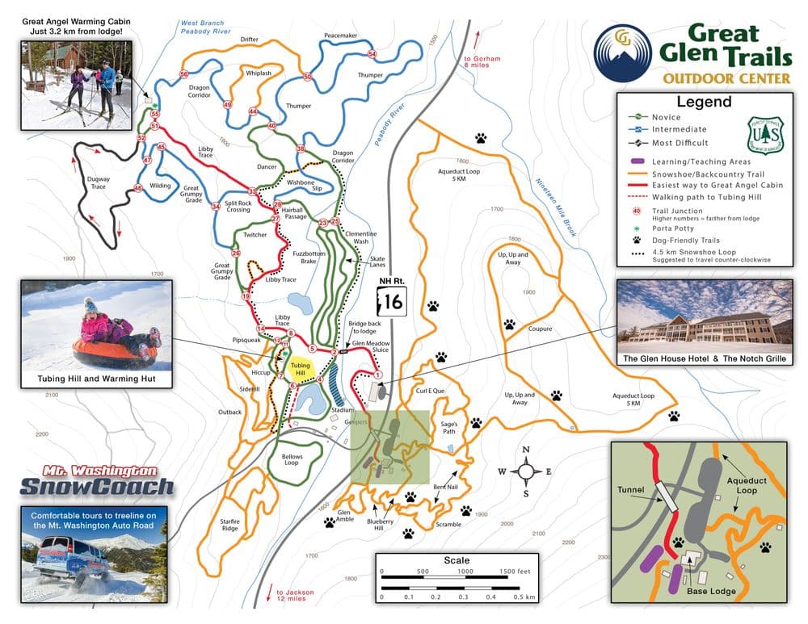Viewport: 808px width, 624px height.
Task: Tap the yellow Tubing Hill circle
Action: (300, 369)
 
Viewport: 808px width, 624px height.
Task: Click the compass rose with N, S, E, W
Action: (526, 471)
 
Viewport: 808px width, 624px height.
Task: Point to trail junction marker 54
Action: (372, 54)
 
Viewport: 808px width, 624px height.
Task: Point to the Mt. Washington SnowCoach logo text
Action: (96, 480)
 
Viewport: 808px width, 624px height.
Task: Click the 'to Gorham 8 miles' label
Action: (482, 63)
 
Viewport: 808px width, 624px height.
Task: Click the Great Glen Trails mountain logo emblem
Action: (621, 53)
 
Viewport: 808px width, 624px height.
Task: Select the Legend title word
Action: (704, 102)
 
